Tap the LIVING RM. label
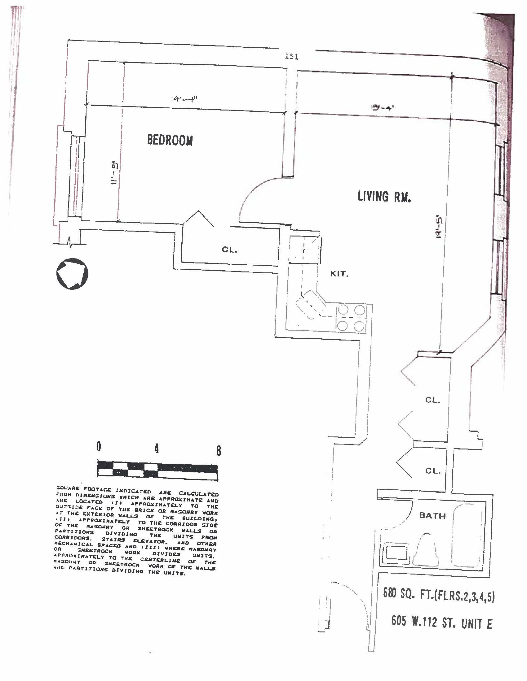384,197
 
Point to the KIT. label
339,274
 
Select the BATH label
432,515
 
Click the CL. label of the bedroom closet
229,250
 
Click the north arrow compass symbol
72,274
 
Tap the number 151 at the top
292,57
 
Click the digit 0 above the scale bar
99,446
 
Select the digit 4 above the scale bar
157,449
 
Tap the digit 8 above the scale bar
219,451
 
